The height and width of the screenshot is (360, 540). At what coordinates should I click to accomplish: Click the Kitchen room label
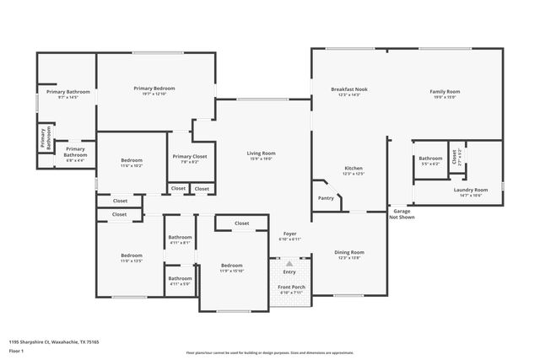coord(354,171)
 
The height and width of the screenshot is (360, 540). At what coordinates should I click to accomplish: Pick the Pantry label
coord(326,198)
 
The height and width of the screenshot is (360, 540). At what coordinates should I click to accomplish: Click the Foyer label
coord(289,236)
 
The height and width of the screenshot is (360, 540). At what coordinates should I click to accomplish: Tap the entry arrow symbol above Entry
coord(289,263)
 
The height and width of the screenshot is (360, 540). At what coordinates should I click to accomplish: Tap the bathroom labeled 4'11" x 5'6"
coord(179,280)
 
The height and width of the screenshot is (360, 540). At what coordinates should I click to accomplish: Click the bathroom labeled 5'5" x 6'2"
coord(430,160)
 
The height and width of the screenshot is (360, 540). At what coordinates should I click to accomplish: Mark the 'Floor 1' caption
coord(16,351)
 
